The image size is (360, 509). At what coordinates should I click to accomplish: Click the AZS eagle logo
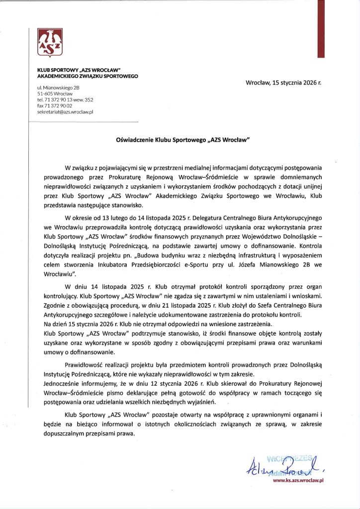[x=50, y=43]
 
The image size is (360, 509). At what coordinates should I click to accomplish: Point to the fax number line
[x=55, y=106]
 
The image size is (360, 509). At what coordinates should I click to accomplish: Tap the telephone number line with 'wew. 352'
[x=65, y=99]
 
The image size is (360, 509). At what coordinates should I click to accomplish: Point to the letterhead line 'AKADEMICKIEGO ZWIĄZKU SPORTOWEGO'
[x=88, y=76]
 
